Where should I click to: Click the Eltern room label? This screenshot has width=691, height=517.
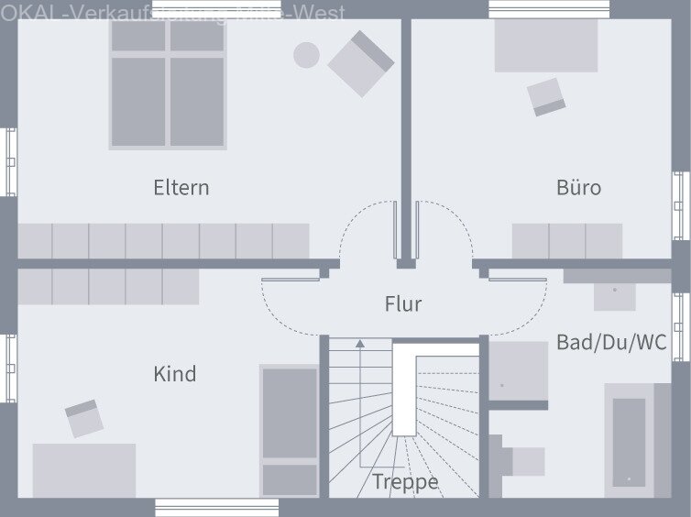tap(181, 188)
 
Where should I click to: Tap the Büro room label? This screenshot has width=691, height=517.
tap(579, 188)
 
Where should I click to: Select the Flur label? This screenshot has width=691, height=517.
tap(403, 303)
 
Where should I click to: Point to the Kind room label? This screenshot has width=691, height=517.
tap(174, 374)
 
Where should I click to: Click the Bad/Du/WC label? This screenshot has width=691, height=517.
tap(612, 343)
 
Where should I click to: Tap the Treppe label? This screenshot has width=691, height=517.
tap(405, 482)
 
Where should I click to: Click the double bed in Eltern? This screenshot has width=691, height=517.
tap(168, 84)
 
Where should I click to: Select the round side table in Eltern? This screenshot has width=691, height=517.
tap(306, 55)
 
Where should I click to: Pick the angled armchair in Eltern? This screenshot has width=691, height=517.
tap(361, 62)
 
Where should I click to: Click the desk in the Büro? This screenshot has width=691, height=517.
tap(545, 46)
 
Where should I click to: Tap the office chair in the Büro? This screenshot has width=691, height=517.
tap(546, 96)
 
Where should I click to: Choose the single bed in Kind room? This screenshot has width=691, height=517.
tap(290, 430)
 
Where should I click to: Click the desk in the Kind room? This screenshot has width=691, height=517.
tap(84, 470)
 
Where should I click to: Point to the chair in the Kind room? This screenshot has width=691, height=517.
tap(84, 418)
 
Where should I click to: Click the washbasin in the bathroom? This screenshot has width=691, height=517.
tap(614, 293)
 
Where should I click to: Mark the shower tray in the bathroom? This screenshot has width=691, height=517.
tap(518, 371)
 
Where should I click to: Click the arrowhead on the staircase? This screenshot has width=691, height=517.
tap(360, 344)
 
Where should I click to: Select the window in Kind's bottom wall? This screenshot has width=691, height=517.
tap(216, 507)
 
